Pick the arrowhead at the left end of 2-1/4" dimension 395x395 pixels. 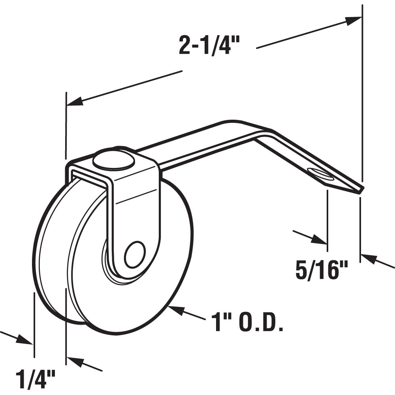coord(75,102)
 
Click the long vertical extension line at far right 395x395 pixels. coord(362,99)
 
